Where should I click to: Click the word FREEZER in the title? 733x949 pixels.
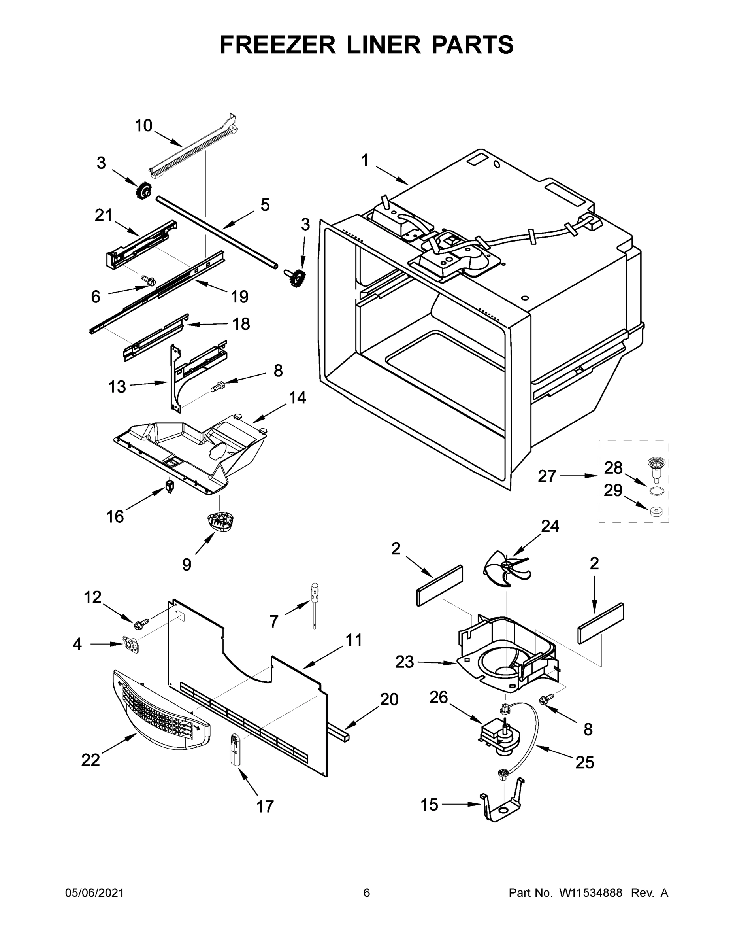pos(277,45)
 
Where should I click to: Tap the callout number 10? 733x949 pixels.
pos(143,126)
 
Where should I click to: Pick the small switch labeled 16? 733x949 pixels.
pos(170,486)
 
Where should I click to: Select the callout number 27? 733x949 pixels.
pos(547,476)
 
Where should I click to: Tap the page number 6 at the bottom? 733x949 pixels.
pos(367,893)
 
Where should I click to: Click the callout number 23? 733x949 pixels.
pos(404,662)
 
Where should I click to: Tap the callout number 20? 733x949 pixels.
pos(389,699)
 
